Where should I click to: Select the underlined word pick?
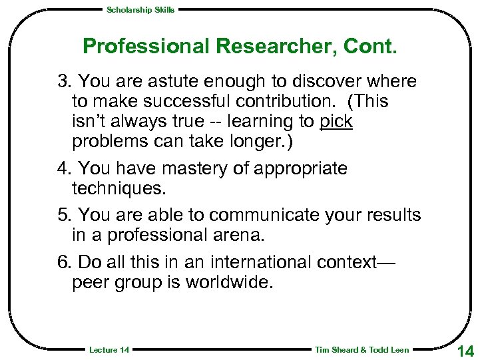coord(336,122)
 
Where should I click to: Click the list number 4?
coord(63,168)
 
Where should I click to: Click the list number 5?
coord(63,215)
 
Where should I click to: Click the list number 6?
coord(63,262)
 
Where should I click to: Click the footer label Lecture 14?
coord(109,350)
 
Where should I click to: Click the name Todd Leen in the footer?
coord(389,350)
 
